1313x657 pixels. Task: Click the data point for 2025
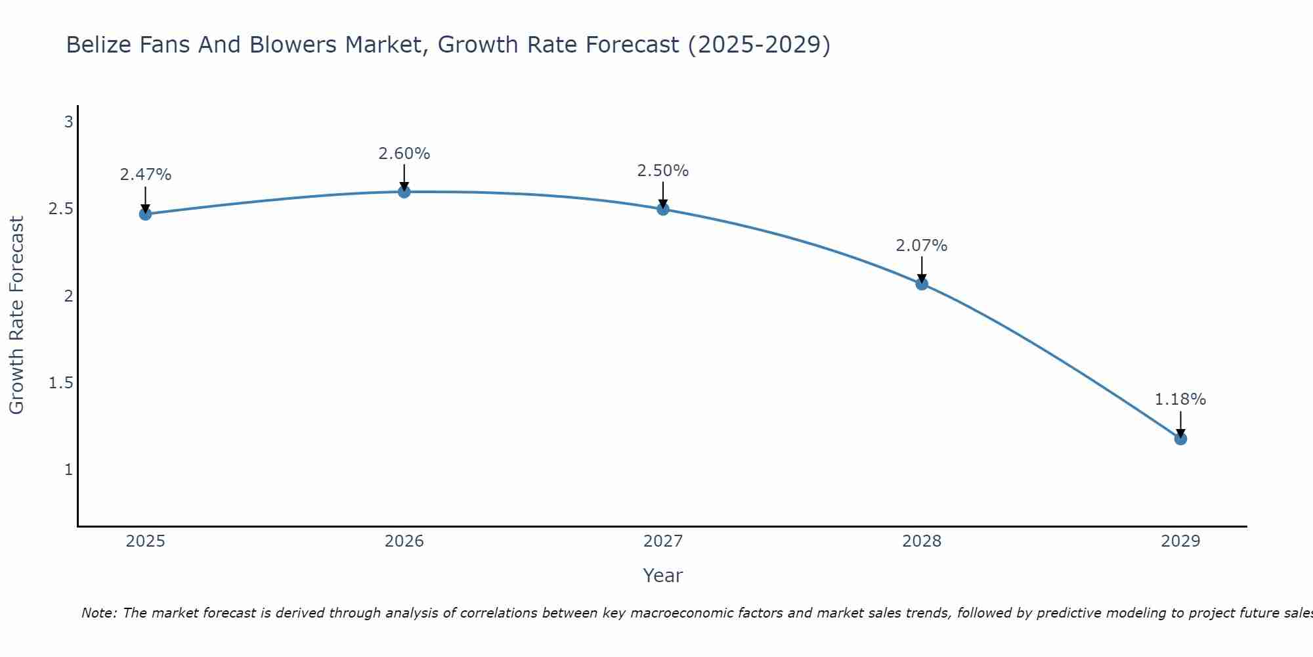146,214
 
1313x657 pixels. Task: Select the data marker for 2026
404,192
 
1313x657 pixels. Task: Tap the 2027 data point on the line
663,209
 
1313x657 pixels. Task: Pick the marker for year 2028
922,284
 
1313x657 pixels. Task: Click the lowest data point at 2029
1180,438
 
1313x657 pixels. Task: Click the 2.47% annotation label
146,175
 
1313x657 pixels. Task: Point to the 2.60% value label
404,154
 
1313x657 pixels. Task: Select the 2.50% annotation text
663,171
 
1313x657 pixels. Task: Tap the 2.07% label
922,246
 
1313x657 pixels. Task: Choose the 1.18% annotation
1180,399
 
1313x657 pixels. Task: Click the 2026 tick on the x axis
404,541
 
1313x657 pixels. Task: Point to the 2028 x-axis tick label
922,541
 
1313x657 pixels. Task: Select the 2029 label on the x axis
1180,541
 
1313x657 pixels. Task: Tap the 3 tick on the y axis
68,122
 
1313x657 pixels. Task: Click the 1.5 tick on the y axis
60,383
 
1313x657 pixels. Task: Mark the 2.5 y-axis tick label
60,209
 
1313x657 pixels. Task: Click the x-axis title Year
663,576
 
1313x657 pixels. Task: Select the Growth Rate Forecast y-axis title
16,315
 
